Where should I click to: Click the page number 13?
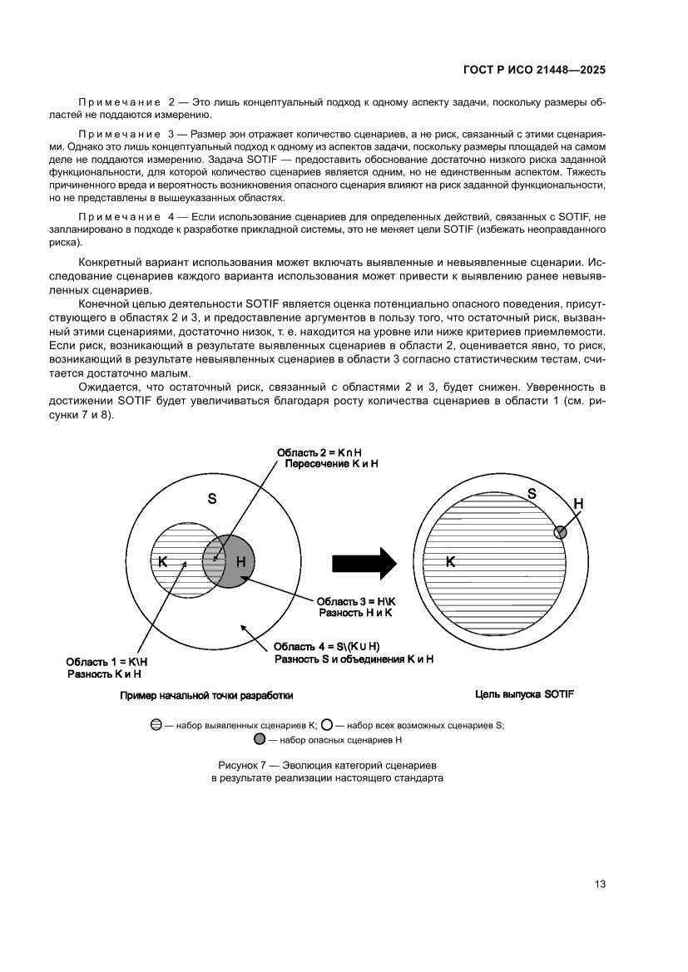(599, 884)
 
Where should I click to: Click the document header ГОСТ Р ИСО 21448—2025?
(533, 71)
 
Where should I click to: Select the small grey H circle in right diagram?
(561, 531)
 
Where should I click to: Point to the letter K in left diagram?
(163, 562)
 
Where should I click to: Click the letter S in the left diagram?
(212, 499)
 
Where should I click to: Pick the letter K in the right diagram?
(450, 562)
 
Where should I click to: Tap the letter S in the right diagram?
(532, 494)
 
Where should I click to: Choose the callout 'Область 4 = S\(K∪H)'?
(327, 646)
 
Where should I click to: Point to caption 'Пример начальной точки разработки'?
(206, 695)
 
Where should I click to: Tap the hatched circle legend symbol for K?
(156, 724)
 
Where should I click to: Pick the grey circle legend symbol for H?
(260, 739)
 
